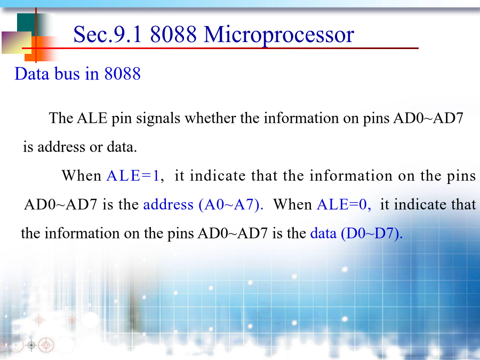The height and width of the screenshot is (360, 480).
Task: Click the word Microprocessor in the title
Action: (x=279, y=35)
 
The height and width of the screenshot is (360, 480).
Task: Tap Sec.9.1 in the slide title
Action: (x=108, y=34)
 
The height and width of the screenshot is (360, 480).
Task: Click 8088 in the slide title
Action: (x=173, y=34)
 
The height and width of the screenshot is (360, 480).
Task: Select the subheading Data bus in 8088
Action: (x=77, y=74)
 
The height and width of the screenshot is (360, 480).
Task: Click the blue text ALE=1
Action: (x=133, y=175)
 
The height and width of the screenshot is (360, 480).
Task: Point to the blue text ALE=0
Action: (x=344, y=204)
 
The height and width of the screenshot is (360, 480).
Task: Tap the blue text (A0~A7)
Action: (x=231, y=204)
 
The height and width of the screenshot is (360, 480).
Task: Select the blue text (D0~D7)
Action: (x=372, y=233)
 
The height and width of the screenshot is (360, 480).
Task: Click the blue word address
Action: (x=169, y=204)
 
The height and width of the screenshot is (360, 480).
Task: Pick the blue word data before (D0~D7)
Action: (x=323, y=233)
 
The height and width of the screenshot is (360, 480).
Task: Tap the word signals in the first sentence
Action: (x=158, y=119)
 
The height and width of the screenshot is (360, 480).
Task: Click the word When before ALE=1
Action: (x=82, y=175)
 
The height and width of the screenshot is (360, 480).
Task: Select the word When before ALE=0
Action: (x=293, y=204)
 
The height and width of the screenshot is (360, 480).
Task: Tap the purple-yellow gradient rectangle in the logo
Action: (x=17, y=43)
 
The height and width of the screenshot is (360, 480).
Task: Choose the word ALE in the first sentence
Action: (x=92, y=118)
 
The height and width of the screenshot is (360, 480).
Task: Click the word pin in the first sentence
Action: (x=122, y=119)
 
